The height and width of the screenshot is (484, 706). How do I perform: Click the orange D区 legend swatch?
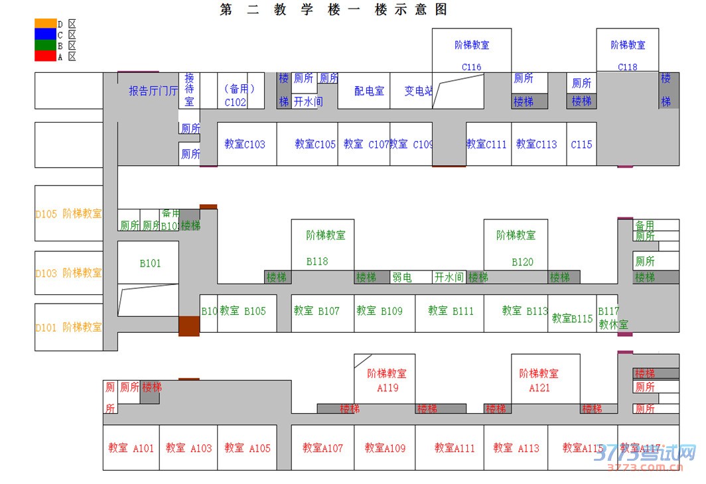(46, 24)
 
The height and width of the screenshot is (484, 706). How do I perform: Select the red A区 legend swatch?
(46, 56)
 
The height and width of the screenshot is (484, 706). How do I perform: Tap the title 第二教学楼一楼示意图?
(333, 10)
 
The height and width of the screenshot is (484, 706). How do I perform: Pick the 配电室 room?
(369, 91)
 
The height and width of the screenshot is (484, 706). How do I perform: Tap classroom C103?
(244, 144)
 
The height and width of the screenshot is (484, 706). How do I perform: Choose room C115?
(581, 144)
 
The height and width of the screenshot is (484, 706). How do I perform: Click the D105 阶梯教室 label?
(69, 213)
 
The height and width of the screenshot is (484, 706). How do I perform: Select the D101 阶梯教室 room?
(69, 327)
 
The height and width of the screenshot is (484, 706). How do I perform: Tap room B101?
(150, 263)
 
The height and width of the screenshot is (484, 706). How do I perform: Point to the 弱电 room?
(402, 277)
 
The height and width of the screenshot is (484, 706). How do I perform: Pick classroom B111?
(451, 311)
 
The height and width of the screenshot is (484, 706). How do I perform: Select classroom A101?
(131, 448)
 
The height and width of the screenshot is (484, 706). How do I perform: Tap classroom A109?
(385, 448)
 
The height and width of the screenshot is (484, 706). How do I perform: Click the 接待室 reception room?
(190, 90)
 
